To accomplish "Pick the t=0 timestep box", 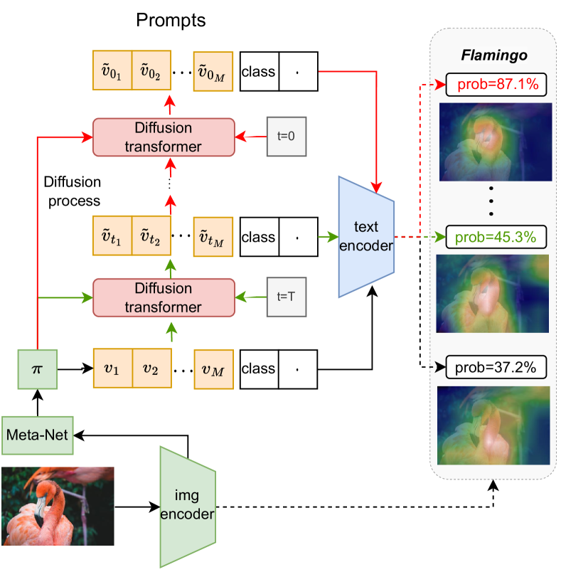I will point(287,136).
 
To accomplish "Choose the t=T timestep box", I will point(287,297).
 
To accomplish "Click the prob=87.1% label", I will point(496,85).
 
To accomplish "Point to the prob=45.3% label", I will point(496,235).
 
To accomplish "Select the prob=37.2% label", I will point(496,367).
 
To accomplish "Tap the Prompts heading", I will point(171,21).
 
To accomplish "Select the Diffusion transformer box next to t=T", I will point(164,298).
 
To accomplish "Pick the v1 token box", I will point(112,369).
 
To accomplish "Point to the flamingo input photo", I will point(58,506).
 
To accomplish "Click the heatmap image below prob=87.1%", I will point(496,142).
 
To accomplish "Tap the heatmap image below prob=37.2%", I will point(496,425).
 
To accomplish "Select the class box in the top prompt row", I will point(259,71).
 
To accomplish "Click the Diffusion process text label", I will point(72,191).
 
